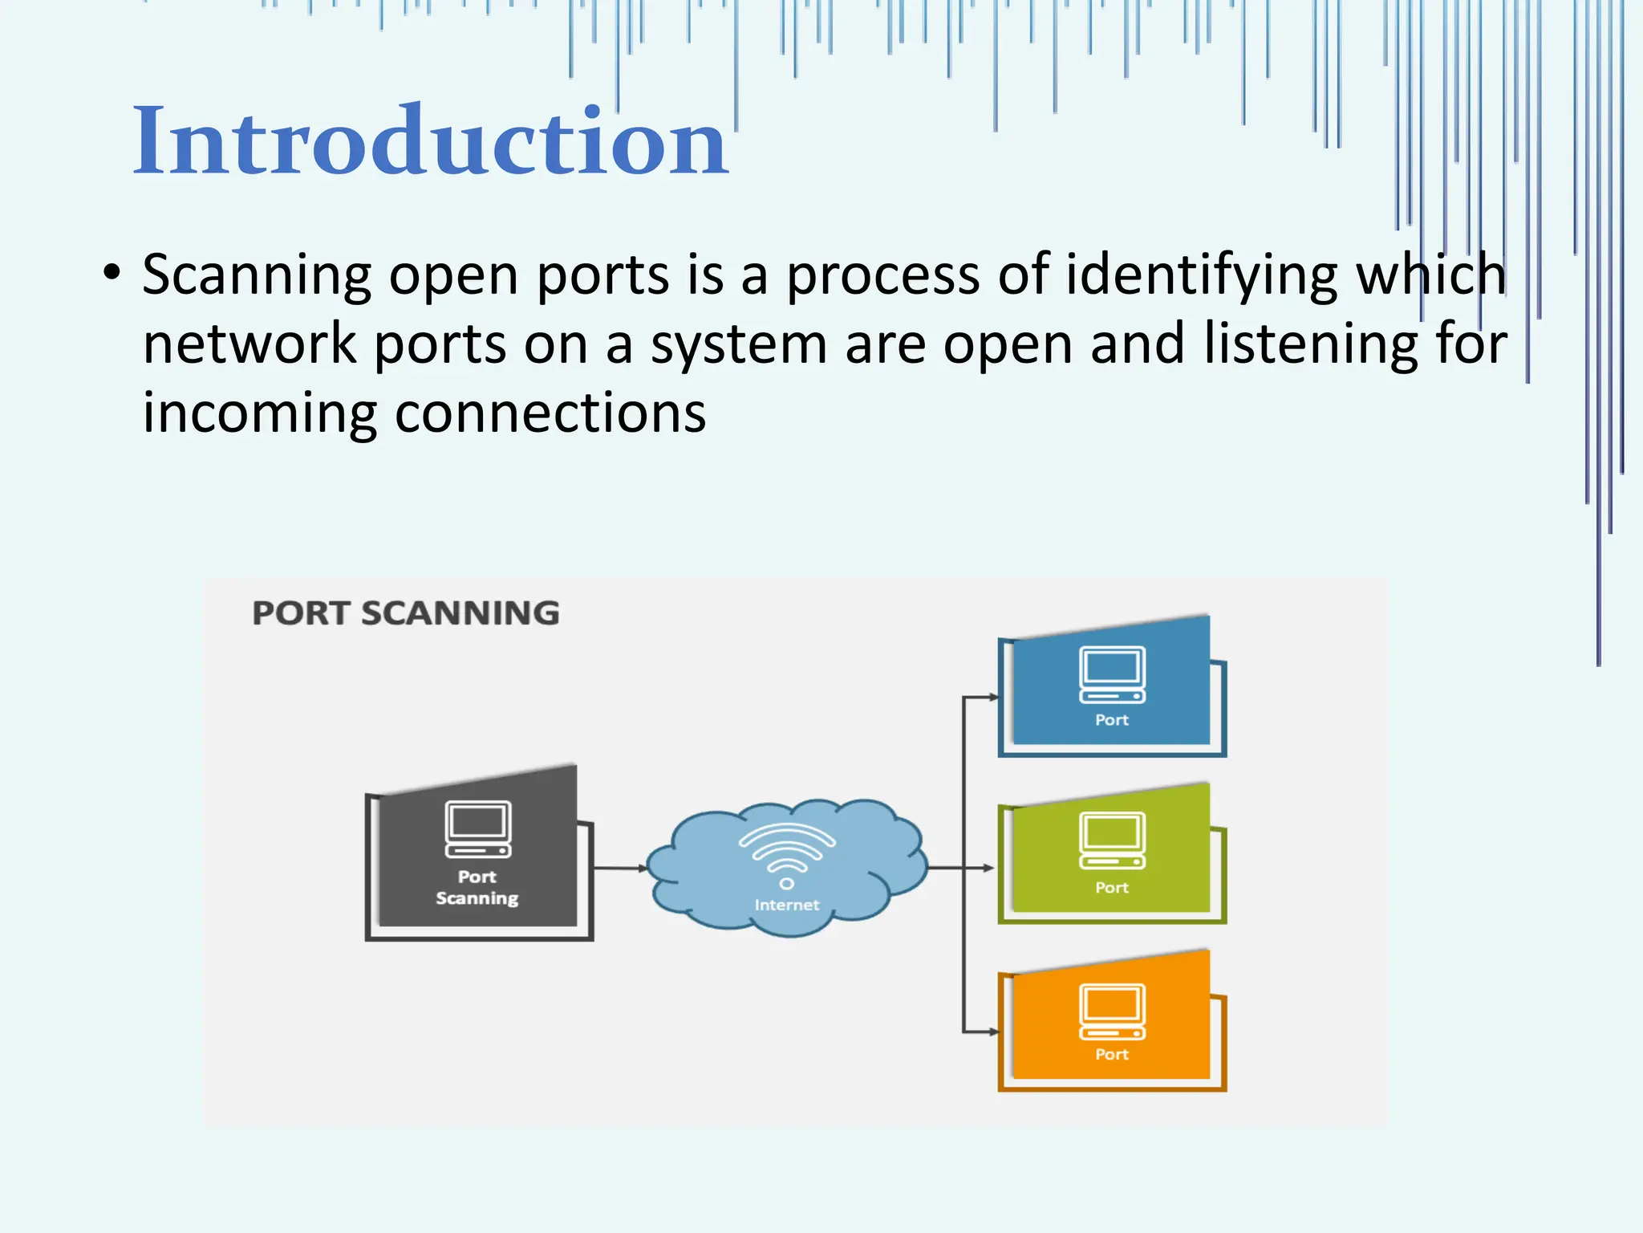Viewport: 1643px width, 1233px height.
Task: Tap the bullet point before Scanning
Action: pyautogui.click(x=112, y=273)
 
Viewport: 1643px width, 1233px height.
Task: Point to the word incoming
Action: pyautogui.click(x=259, y=414)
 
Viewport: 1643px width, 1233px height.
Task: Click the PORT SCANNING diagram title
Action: pyautogui.click(x=406, y=613)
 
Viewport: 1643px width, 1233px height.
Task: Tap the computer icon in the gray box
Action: pyautogui.click(x=478, y=829)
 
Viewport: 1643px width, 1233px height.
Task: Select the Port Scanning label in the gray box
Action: pyautogui.click(x=477, y=887)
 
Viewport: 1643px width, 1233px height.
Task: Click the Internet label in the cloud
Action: pyautogui.click(x=787, y=905)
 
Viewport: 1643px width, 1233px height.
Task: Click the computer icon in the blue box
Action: pyautogui.click(x=1112, y=674)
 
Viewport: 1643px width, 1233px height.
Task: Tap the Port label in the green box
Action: pyautogui.click(x=1112, y=887)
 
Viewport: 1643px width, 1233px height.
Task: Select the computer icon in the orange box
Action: pyautogui.click(x=1112, y=1011)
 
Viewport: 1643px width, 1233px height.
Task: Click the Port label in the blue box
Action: pyautogui.click(x=1112, y=720)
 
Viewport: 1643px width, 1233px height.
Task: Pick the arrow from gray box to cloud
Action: pyautogui.click(x=620, y=868)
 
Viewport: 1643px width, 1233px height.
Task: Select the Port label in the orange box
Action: pyautogui.click(x=1112, y=1054)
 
